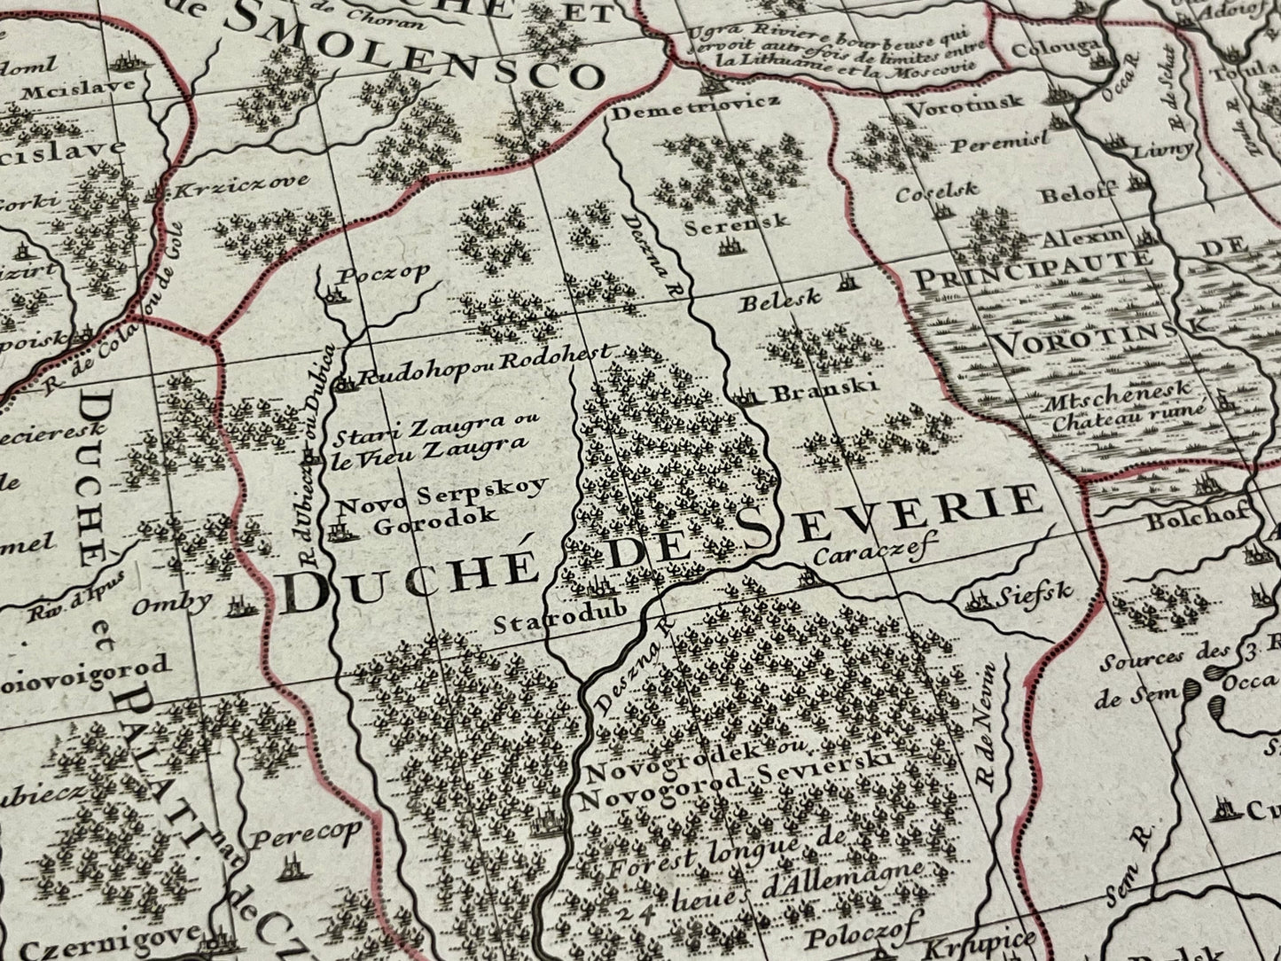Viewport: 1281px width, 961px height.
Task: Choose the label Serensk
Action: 736,225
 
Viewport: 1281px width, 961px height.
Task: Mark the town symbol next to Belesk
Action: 848,285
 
